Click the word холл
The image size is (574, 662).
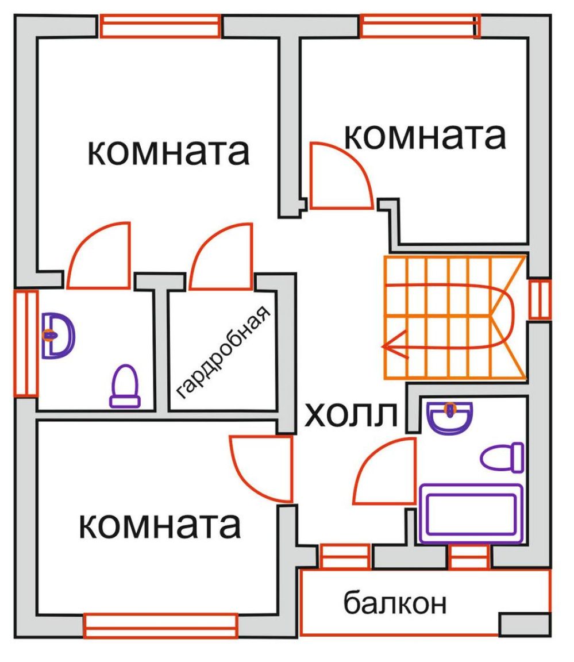[350, 415]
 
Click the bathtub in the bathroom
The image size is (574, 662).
[472, 513]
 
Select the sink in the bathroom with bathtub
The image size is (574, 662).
[450, 417]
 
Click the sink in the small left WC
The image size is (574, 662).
[58, 336]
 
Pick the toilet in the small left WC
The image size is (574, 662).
[125, 386]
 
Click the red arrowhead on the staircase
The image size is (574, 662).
[395, 346]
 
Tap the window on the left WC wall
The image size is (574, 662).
[26, 343]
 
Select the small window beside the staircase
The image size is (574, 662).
[540, 299]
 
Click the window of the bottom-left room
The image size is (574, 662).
[160, 626]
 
